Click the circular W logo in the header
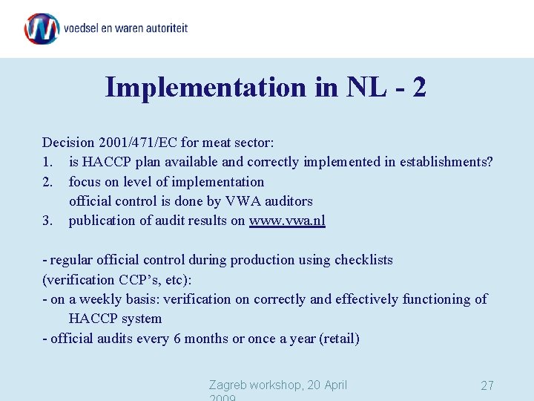click(42, 29)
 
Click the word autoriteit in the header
click(162, 28)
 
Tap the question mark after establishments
click(489, 162)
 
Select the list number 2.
click(47, 181)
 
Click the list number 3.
click(47, 221)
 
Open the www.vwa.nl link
click(287, 221)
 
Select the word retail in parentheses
click(339, 339)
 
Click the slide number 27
click(487, 385)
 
